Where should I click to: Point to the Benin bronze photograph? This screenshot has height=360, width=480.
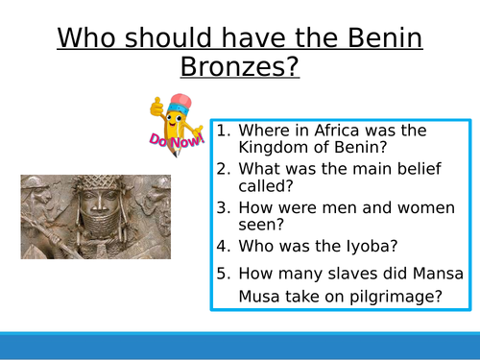(96, 217)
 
